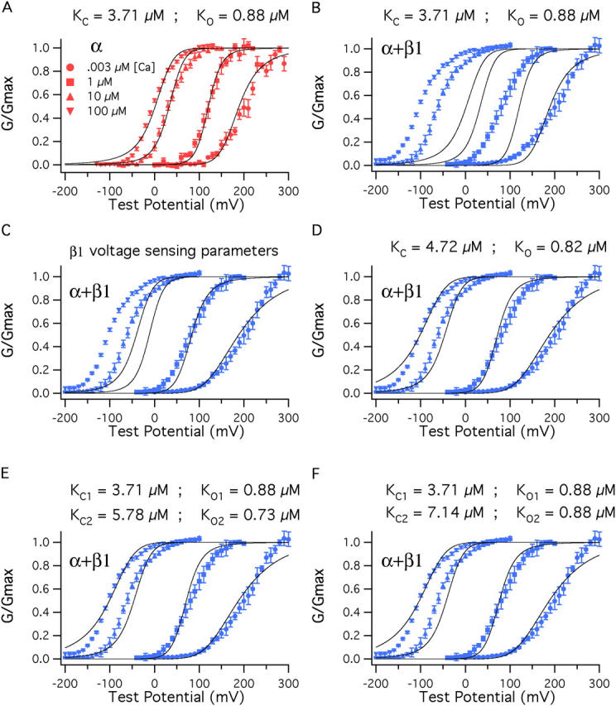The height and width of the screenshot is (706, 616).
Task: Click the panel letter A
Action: [6, 8]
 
